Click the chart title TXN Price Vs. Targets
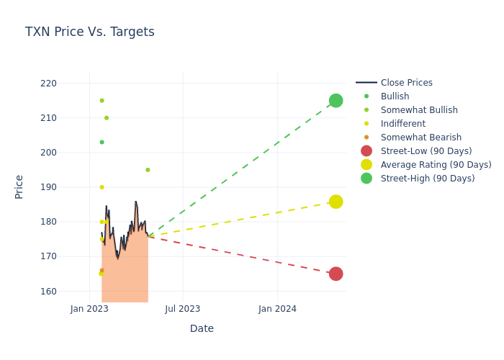pyautogui.click(x=90, y=32)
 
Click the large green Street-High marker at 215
pyautogui.click(x=336, y=100)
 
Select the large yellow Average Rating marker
pyautogui.click(x=336, y=202)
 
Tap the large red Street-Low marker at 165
pyautogui.click(x=336, y=274)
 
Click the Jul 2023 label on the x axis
pyautogui.click(x=183, y=309)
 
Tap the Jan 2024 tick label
pyautogui.click(x=277, y=309)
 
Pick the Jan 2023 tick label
pyautogui.click(x=89, y=309)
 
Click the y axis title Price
pyautogui.click(x=19, y=186)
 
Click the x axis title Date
pyautogui.click(x=202, y=328)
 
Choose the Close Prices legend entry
pyautogui.click(x=406, y=83)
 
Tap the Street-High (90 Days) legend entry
pyautogui.click(x=427, y=179)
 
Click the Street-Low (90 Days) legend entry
pyautogui.click(x=426, y=151)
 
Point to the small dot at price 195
pyautogui.click(x=148, y=170)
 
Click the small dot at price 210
pyautogui.click(x=107, y=118)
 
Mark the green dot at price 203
pyautogui.click(x=102, y=142)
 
